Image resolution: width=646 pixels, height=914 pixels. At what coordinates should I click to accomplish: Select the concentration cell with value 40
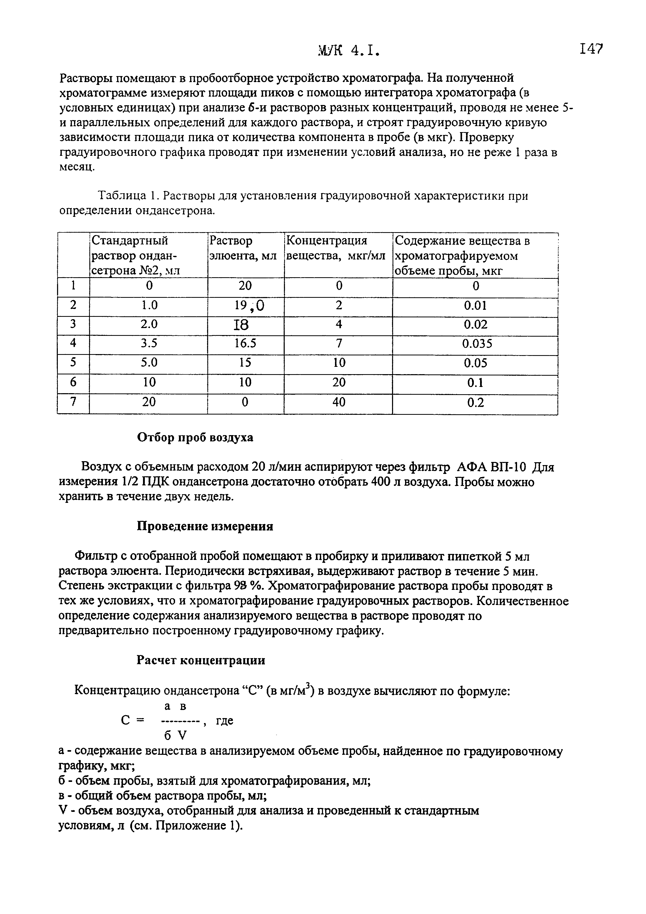(x=339, y=402)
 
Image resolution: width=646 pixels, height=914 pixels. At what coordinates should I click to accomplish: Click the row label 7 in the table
(x=73, y=402)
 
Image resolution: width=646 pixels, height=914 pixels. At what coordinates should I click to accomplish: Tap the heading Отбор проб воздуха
(x=195, y=437)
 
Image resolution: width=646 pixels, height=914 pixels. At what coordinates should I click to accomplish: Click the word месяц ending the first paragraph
(x=77, y=167)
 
